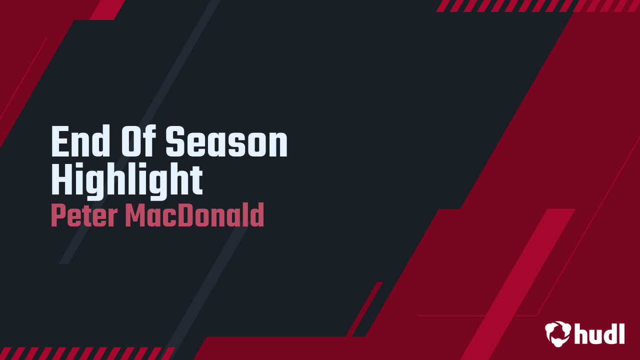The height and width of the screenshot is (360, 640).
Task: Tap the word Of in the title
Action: tap(138, 140)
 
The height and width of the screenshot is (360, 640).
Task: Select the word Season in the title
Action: tap(226, 141)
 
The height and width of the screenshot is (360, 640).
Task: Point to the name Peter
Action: tap(84, 215)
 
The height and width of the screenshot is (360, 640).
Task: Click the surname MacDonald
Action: tap(194, 215)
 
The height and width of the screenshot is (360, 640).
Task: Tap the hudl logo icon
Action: tap(558, 333)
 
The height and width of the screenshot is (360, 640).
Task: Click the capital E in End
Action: tap(59, 140)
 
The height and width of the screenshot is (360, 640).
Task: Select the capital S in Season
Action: tap(174, 141)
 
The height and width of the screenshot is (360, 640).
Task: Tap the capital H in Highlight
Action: tap(61, 179)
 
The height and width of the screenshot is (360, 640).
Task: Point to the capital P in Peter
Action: tap(58, 215)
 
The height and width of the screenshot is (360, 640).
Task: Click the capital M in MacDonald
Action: tap(135, 215)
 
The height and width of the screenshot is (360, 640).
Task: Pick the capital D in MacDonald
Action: tap(189, 215)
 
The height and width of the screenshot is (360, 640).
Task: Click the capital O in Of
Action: tap(130, 140)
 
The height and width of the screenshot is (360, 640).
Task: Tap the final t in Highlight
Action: tap(197, 180)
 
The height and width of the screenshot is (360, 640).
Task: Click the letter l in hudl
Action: tap(621, 333)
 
